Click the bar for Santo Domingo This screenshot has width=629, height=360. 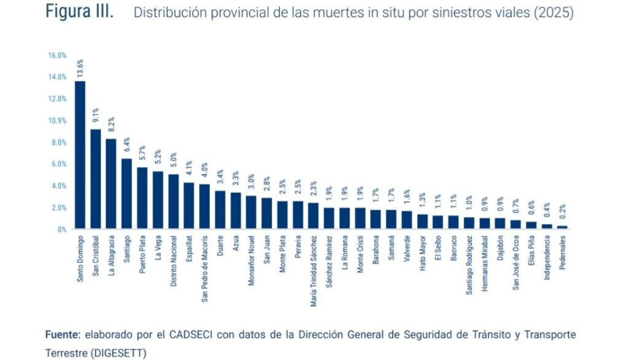[80, 155]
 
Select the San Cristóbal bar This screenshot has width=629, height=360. [95, 179]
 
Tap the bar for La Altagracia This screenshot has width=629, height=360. [111, 184]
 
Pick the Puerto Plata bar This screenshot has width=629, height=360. [143, 198]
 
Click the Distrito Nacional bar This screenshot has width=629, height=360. [174, 202]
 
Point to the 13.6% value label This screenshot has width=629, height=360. [80, 68]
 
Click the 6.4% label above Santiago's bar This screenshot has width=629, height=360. [127, 144]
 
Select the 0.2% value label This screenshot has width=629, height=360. [563, 211]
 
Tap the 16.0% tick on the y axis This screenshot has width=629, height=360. [57, 55]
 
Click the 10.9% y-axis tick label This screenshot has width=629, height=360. [57, 121]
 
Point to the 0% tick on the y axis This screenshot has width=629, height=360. [62, 230]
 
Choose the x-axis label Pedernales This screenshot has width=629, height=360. [563, 252]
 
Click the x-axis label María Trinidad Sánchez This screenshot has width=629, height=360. [314, 272]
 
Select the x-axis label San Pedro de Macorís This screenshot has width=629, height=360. [205, 269]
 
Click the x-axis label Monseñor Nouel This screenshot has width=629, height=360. [251, 260]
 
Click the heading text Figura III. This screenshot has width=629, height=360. [79, 11]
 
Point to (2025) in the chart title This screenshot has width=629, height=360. [553, 12]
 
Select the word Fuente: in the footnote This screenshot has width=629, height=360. [63, 334]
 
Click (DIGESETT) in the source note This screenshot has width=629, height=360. [119, 353]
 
